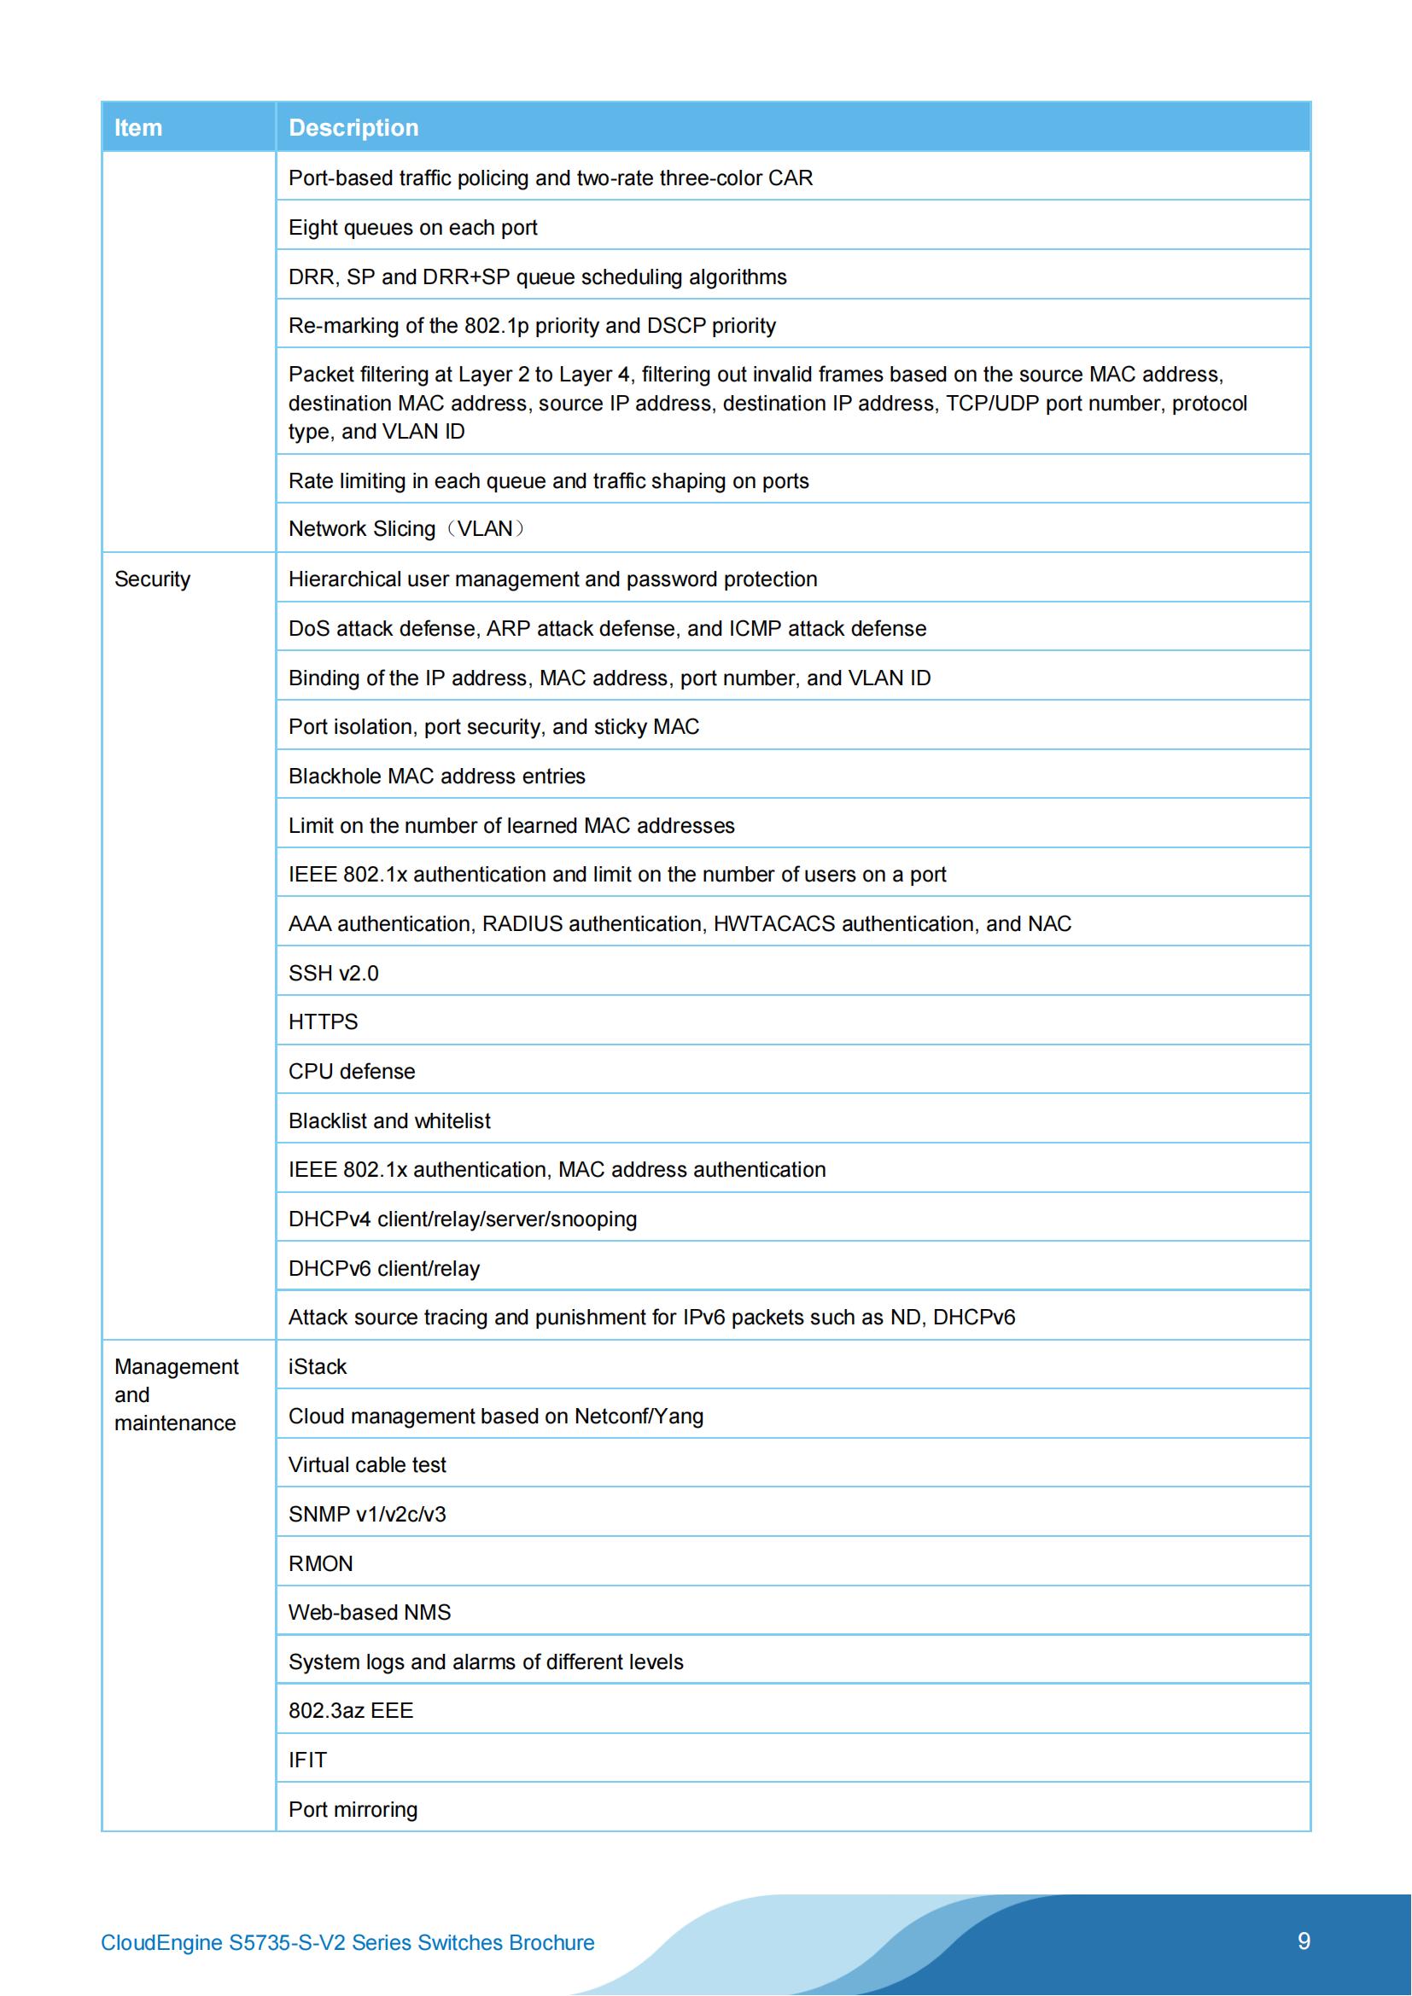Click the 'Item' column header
click(x=138, y=128)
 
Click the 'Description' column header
click(x=353, y=128)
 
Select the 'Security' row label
click(x=152, y=579)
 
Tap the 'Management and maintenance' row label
click(x=176, y=1395)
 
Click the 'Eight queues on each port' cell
click(x=413, y=228)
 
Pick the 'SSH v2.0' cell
click(x=334, y=974)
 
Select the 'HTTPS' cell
click(x=324, y=1022)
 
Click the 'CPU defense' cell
click(x=352, y=1072)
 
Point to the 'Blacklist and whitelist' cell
click(x=389, y=1121)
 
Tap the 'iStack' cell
click(x=318, y=1367)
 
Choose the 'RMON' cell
click(x=321, y=1564)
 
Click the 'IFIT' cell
click(x=308, y=1760)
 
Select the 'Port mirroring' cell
click(x=353, y=1810)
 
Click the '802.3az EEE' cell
click(x=351, y=1711)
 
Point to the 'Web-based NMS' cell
click(x=370, y=1613)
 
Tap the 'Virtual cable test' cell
click(x=367, y=1466)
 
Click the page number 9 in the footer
click(x=1304, y=1941)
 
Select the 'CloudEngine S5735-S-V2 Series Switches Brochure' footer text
click(x=347, y=1943)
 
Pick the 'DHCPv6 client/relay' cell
click(x=384, y=1269)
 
